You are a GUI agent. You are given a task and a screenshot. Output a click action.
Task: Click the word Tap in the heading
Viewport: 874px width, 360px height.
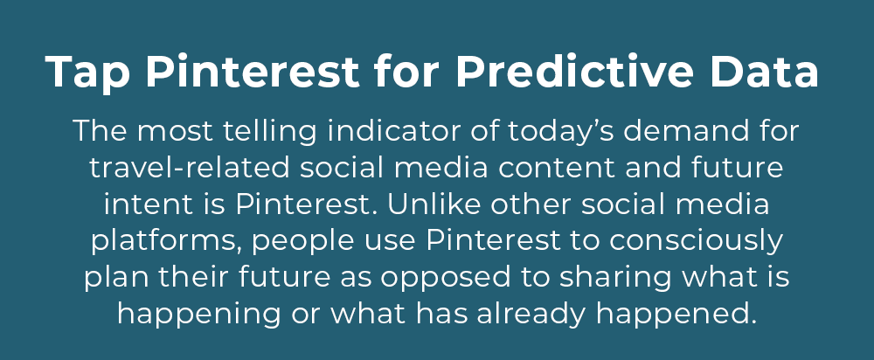(87, 73)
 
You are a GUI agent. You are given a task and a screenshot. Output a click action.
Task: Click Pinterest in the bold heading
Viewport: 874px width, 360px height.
(253, 72)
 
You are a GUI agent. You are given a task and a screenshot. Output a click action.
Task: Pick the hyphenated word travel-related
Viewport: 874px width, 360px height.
(190, 168)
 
